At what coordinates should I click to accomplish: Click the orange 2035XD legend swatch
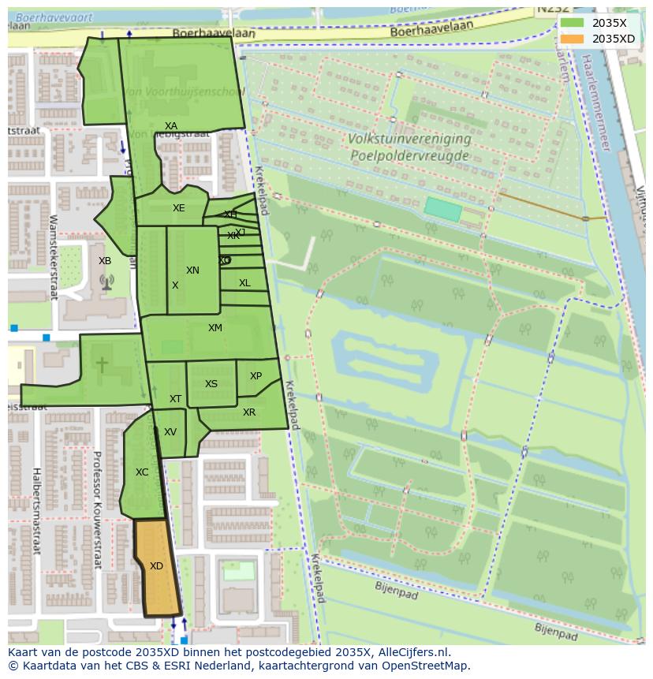coord(573,39)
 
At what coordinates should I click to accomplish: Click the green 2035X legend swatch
coord(573,23)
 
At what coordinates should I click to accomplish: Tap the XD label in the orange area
coord(156,566)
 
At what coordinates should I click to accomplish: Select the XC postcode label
coord(142,472)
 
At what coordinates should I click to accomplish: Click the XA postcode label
coord(171,126)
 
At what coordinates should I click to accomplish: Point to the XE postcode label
coord(179,208)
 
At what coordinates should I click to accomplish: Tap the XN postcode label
coord(192,270)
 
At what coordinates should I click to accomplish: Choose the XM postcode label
coord(215,328)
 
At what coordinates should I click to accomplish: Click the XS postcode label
coord(211,384)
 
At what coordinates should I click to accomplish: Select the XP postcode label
coord(256,376)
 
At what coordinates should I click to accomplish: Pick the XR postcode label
coord(249,412)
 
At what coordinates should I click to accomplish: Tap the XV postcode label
coord(170,432)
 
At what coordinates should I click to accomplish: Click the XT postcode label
coord(175,399)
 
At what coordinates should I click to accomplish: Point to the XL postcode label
coord(244,283)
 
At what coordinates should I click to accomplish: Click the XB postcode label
coord(105,261)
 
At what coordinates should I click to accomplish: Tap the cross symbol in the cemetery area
coord(102,364)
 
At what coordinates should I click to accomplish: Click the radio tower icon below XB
coord(106,282)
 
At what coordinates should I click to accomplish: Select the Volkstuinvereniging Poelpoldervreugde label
coord(409,147)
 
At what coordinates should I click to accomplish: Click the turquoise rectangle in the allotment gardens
coord(442,209)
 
